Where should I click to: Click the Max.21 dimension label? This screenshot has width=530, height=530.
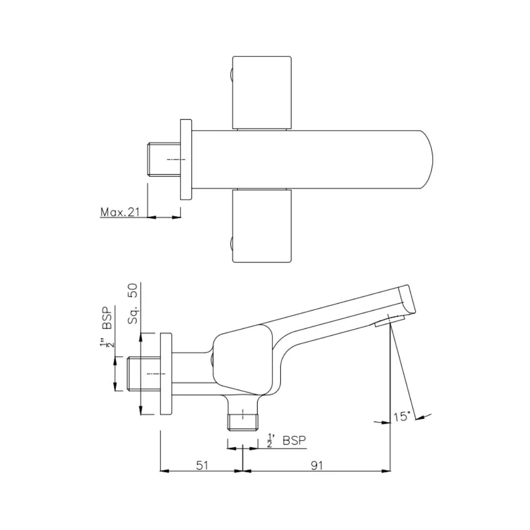pos(120,212)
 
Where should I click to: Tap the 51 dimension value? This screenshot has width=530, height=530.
pos(202,465)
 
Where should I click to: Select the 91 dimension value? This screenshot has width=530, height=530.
pos(317,465)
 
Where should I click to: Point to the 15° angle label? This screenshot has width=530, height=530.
pos(402,417)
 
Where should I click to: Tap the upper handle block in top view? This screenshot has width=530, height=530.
pos(262,92)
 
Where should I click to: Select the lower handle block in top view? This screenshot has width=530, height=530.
pos(262,226)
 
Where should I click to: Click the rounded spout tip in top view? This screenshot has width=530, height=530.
pos(426,159)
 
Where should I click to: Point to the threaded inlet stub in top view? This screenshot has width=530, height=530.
pos(163,159)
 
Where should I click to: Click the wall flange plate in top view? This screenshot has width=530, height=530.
pos(185,159)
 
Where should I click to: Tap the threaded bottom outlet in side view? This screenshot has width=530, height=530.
pos(242,421)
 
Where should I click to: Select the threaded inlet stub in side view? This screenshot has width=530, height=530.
pos(143,373)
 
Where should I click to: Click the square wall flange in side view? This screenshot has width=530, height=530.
pos(166,374)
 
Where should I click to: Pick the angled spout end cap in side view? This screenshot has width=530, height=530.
pos(407,299)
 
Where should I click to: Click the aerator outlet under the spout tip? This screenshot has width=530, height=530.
pos(390,321)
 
